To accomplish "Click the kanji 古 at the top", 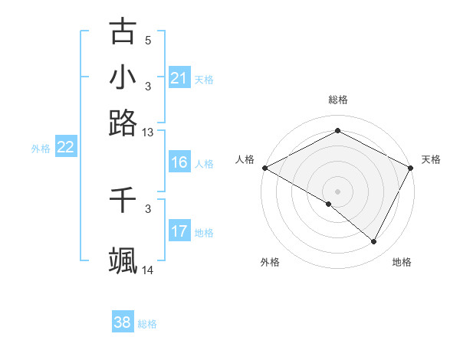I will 123,31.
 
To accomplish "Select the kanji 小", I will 123,77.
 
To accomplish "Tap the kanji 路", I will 123,123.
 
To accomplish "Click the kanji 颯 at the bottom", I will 123,260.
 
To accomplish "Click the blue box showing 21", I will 179,78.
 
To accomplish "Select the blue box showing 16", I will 179,162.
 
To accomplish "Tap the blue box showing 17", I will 179,231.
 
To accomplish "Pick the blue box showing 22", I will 65,147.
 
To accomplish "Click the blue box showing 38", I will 123,322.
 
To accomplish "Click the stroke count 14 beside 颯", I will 148,270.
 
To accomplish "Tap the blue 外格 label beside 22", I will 41,148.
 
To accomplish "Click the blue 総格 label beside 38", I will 147,323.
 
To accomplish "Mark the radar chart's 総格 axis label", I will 337,100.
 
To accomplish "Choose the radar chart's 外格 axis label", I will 270,262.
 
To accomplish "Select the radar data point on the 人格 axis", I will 264,167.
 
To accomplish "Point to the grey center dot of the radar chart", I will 337,191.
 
